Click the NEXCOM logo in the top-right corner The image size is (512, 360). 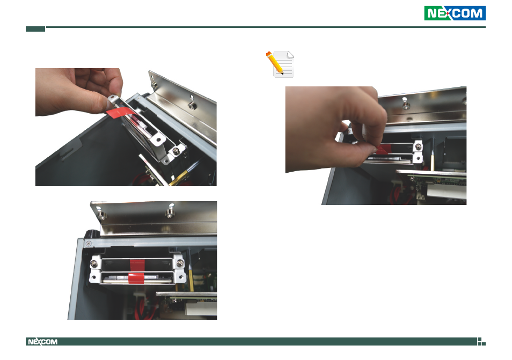pyautogui.click(x=455, y=13)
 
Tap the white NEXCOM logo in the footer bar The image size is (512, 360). pyautogui.click(x=43, y=342)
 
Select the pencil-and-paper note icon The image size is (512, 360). pyautogui.click(x=280, y=64)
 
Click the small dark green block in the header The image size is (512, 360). pyautogui.click(x=35, y=29)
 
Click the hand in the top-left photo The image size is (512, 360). pyautogui.click(x=79, y=92)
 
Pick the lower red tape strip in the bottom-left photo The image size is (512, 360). pyautogui.click(x=136, y=278)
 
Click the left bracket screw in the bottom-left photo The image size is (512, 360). pyautogui.click(x=94, y=263)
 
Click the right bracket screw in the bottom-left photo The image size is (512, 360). pyautogui.click(x=180, y=262)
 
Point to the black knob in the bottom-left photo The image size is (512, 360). pyautogui.click(x=91, y=234)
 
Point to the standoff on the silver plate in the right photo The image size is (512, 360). pyautogui.click(x=406, y=105)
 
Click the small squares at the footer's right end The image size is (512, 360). pyautogui.click(x=481, y=341)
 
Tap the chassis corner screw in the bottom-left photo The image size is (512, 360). pyautogui.click(x=89, y=244)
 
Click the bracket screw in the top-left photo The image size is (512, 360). pyautogui.click(x=175, y=151)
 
